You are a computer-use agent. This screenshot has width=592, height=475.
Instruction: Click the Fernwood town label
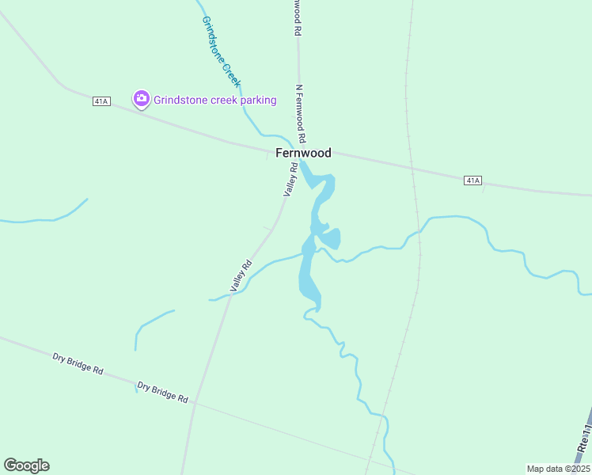click(x=303, y=153)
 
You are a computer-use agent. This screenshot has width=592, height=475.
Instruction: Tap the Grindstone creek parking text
click(x=215, y=100)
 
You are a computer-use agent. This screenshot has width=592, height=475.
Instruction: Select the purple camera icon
click(x=142, y=99)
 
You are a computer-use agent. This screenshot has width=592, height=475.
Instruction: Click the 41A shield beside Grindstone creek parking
click(x=101, y=101)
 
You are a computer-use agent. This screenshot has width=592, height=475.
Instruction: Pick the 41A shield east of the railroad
click(x=472, y=180)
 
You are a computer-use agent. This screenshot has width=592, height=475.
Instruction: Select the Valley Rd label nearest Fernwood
click(x=290, y=178)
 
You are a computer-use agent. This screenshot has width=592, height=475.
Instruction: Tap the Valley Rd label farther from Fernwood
click(x=241, y=275)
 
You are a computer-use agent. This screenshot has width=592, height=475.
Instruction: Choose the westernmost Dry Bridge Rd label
click(x=78, y=363)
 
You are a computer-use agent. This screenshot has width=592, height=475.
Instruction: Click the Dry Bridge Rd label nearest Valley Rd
click(x=162, y=392)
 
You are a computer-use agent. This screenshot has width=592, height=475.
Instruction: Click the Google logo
click(x=26, y=465)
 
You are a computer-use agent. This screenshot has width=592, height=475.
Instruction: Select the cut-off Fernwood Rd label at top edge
click(x=297, y=16)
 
